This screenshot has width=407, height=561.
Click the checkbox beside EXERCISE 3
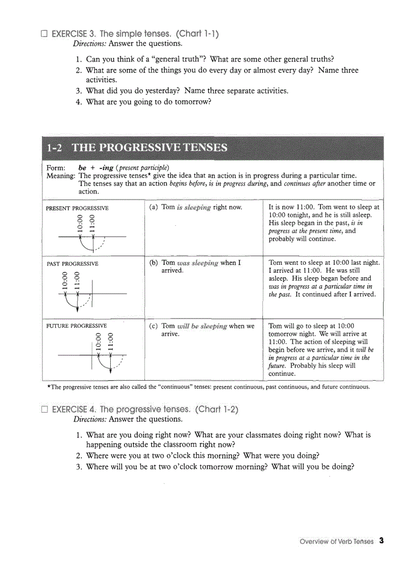tap(44, 34)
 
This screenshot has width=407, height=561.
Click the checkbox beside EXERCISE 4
tap(44, 410)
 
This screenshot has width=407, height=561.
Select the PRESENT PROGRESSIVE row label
tap(77, 208)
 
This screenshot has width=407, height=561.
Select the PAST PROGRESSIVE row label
tap(72, 263)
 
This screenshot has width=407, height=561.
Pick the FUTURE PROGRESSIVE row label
tap(76, 326)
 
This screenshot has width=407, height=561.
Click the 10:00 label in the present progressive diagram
tap(79, 223)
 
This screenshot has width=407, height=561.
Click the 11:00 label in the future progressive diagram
tap(111, 341)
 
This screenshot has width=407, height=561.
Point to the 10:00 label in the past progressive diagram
tap(64, 280)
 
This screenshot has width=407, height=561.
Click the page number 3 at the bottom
tap(381, 541)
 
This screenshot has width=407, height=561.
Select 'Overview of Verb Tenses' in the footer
tap(336, 542)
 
